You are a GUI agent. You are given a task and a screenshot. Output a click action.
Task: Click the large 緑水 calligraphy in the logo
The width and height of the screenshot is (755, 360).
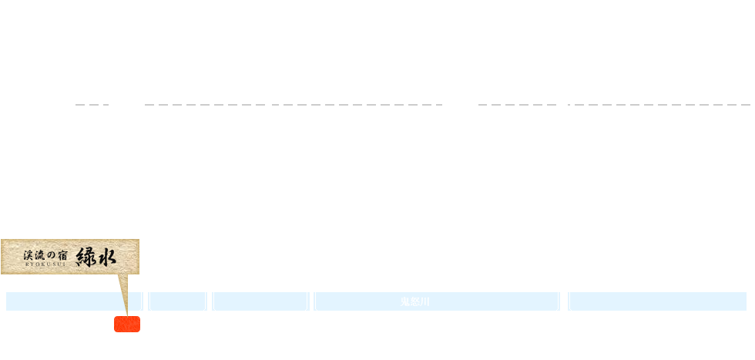point(96,255)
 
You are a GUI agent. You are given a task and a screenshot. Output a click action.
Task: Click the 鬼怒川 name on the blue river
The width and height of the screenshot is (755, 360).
point(415,301)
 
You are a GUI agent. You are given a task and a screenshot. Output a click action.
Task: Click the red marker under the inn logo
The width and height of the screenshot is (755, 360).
point(126,324)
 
